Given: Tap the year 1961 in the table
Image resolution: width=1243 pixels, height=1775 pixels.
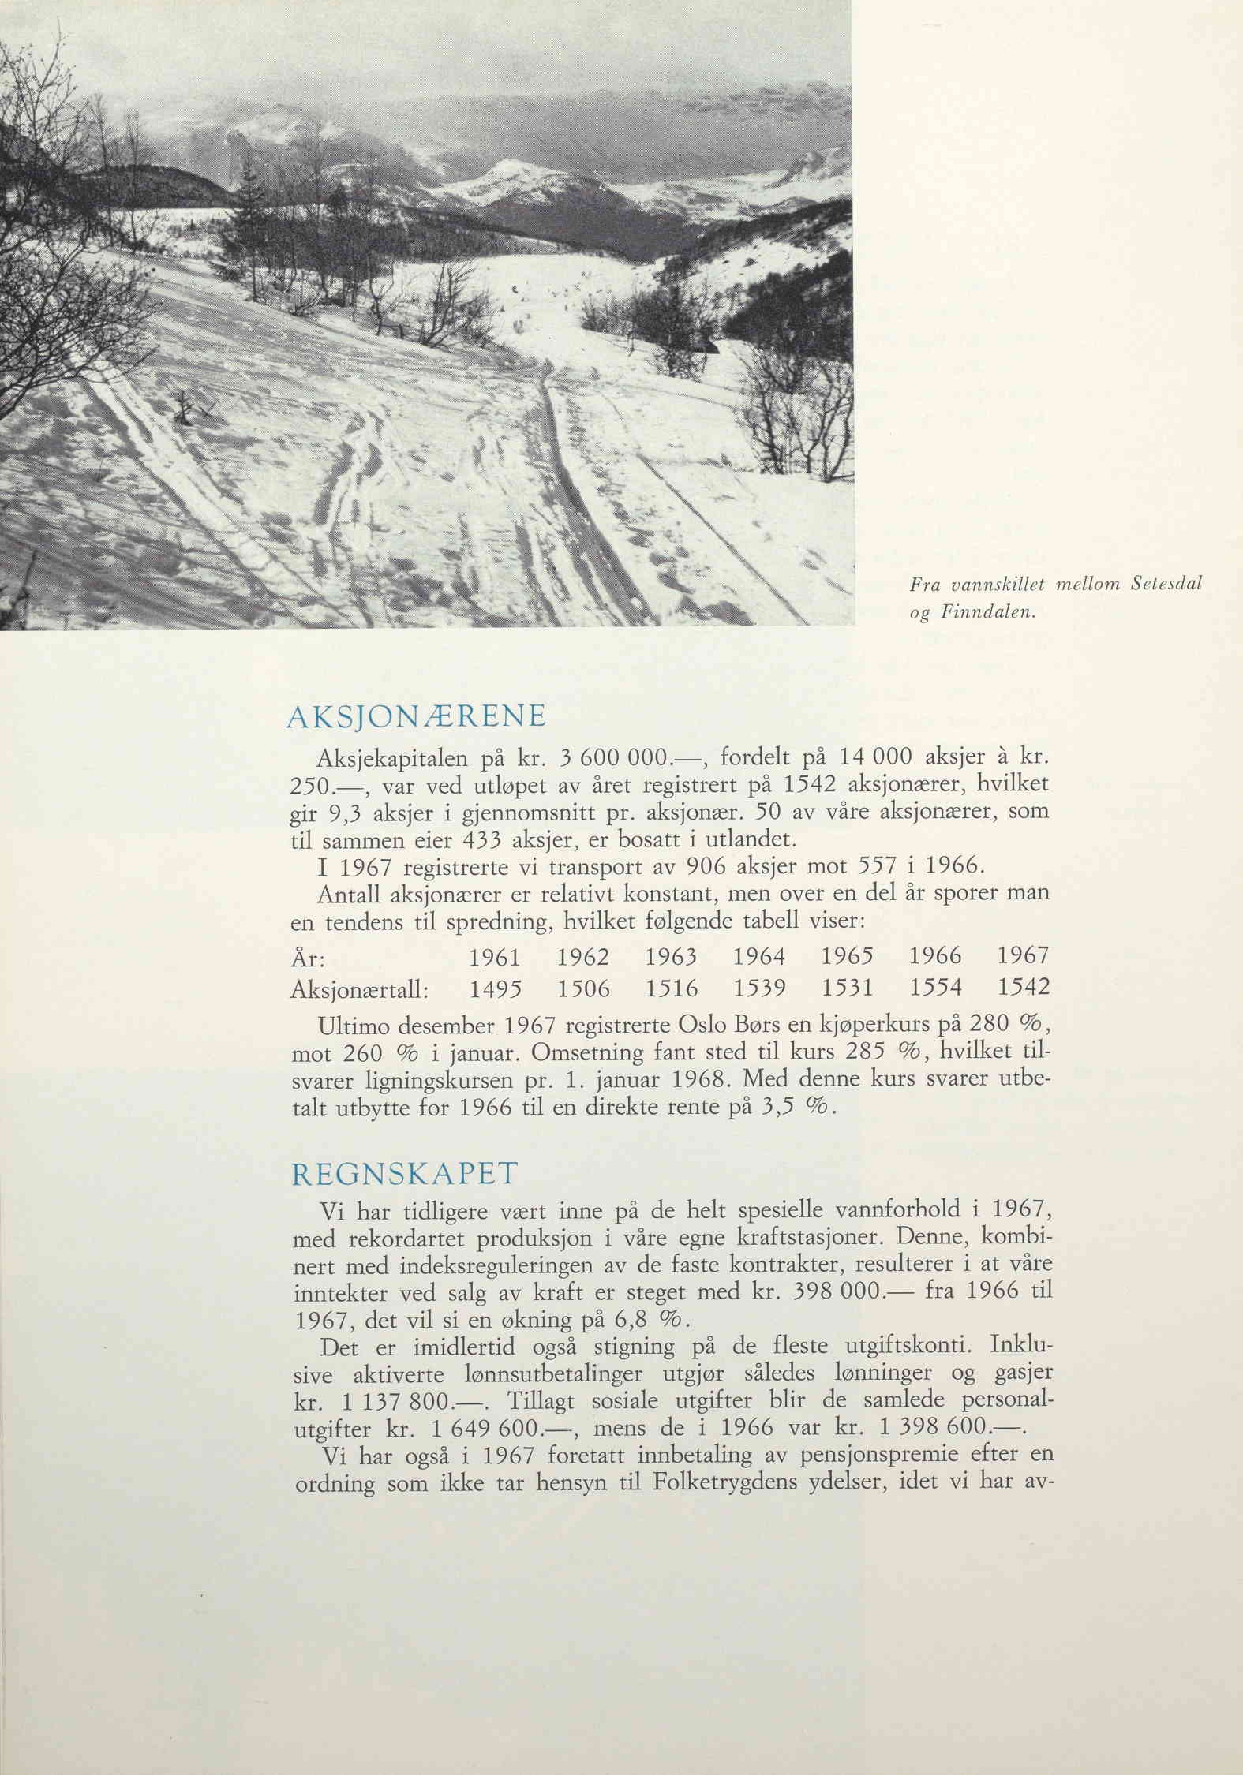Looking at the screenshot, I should [x=494, y=957].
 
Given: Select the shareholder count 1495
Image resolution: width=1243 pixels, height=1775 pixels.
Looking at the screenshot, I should [x=494, y=988].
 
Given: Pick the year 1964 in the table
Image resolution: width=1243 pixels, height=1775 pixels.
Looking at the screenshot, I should [x=758, y=957].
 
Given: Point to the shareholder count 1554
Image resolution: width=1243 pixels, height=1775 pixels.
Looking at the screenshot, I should [x=936, y=988].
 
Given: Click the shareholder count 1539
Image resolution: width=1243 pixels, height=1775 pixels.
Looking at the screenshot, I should [x=758, y=988].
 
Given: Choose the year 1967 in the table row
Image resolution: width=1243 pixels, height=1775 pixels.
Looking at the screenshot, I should [x=1024, y=957].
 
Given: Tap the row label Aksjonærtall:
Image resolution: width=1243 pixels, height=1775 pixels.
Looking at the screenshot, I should [x=360, y=989].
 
